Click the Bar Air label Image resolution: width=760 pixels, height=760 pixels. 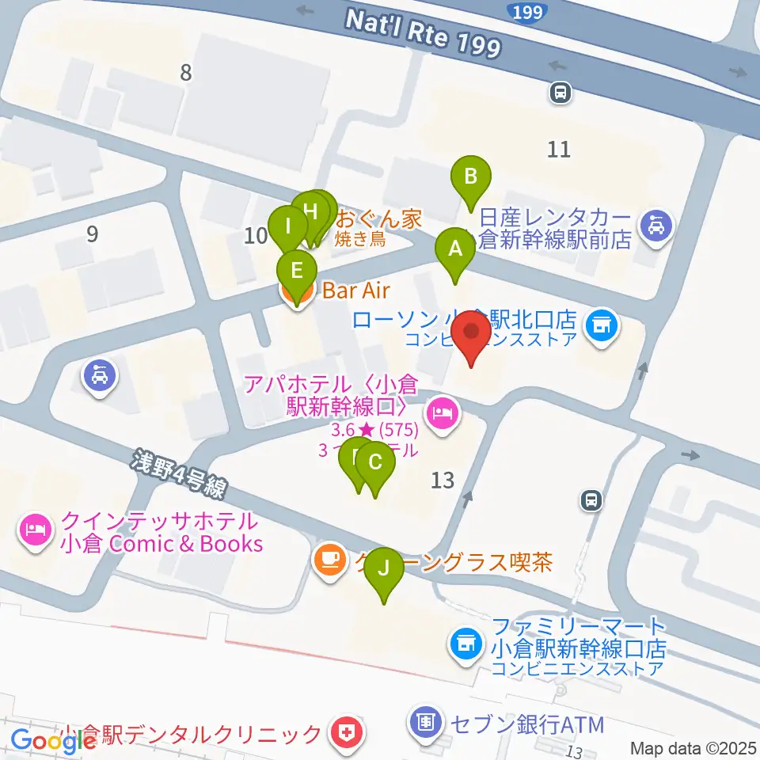(x=356, y=291)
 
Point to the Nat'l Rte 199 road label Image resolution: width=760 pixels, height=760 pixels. (x=424, y=32)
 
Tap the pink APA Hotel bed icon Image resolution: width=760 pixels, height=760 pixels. (x=442, y=412)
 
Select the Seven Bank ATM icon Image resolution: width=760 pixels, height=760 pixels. (x=426, y=722)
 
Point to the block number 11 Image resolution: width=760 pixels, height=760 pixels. (x=559, y=149)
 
